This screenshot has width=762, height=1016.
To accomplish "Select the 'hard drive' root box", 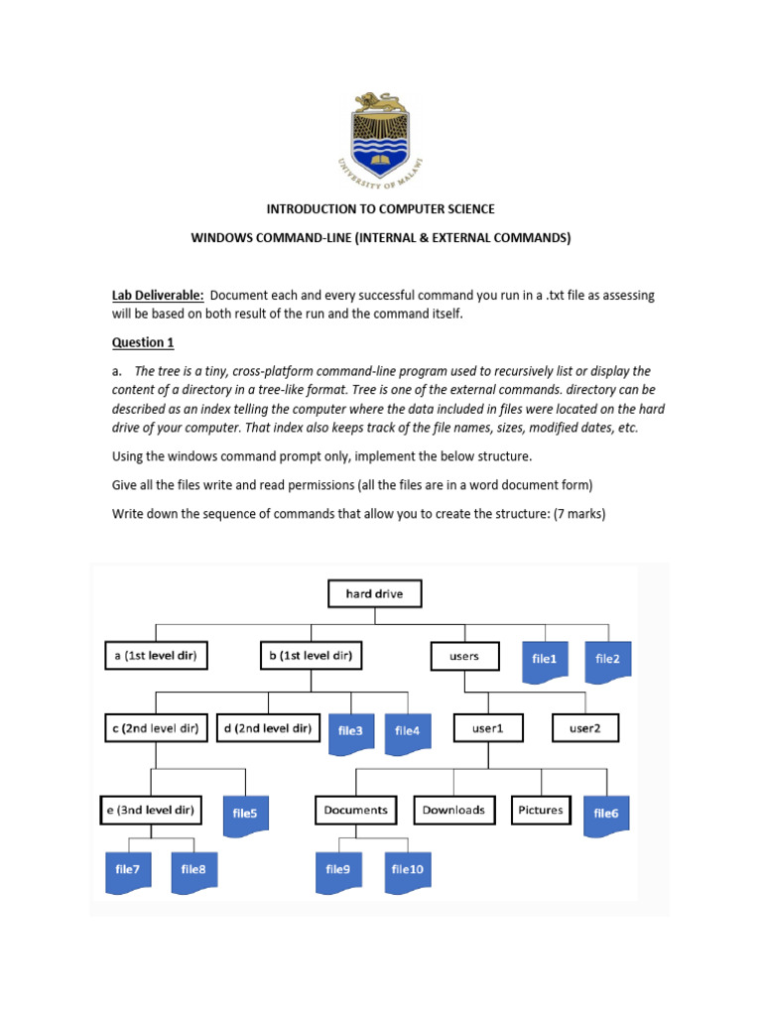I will pyautogui.click(x=374, y=593).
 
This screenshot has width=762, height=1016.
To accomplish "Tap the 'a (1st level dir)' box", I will pyautogui.click(x=155, y=656).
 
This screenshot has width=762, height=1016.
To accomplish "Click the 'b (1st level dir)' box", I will pyautogui.click(x=310, y=656).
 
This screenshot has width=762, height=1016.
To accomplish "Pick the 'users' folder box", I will pyautogui.click(x=463, y=656).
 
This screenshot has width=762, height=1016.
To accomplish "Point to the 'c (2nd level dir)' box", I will pyautogui.click(x=155, y=729).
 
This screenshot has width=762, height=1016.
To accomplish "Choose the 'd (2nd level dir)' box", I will pyautogui.click(x=267, y=729).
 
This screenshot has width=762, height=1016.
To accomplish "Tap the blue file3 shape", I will pyautogui.click(x=351, y=731).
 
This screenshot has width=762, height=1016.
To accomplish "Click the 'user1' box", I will pyautogui.click(x=486, y=729).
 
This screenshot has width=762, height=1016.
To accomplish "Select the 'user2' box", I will pyautogui.click(x=585, y=729).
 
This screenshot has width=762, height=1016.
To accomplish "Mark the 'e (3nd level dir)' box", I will pyautogui.click(x=152, y=811).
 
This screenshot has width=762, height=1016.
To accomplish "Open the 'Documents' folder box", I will pyautogui.click(x=355, y=810).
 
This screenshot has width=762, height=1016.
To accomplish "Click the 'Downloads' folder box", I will pyautogui.click(x=453, y=810).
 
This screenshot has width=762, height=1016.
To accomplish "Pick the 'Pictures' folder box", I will pyautogui.click(x=541, y=810).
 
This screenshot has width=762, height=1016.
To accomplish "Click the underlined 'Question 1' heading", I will pyautogui.click(x=142, y=343).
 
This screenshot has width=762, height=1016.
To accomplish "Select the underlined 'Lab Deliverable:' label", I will pyautogui.click(x=157, y=296).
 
